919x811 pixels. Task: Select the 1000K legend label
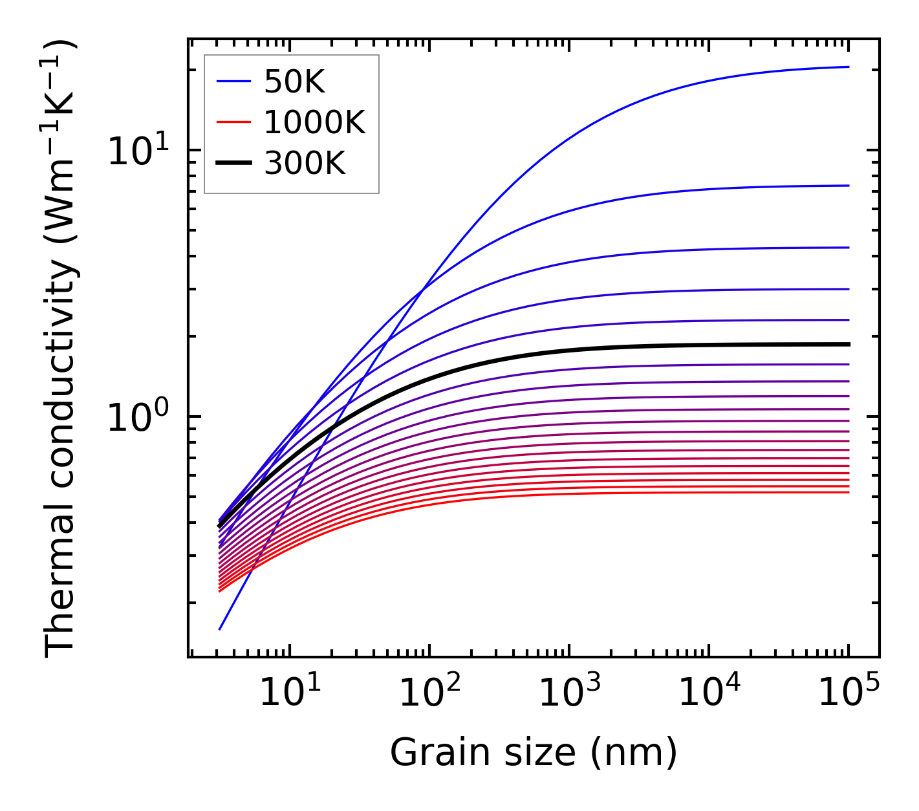tap(314, 122)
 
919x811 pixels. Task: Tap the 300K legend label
tap(305, 164)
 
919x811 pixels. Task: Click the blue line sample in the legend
tap(233, 81)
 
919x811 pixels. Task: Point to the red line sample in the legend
tap(233, 122)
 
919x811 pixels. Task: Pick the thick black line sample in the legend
tap(233, 164)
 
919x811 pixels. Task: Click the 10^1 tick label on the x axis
tap(289, 694)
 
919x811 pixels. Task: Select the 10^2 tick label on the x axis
tap(429, 694)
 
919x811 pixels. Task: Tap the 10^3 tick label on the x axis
tap(568, 694)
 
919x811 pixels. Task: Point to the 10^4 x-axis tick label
tap(708, 694)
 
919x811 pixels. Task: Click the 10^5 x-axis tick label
tap(848, 694)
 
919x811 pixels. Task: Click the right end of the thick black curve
tap(848, 344)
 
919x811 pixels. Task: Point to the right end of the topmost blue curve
tap(848, 67)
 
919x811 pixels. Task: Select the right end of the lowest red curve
tap(848, 493)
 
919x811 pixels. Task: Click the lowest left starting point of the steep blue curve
tap(220, 629)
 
